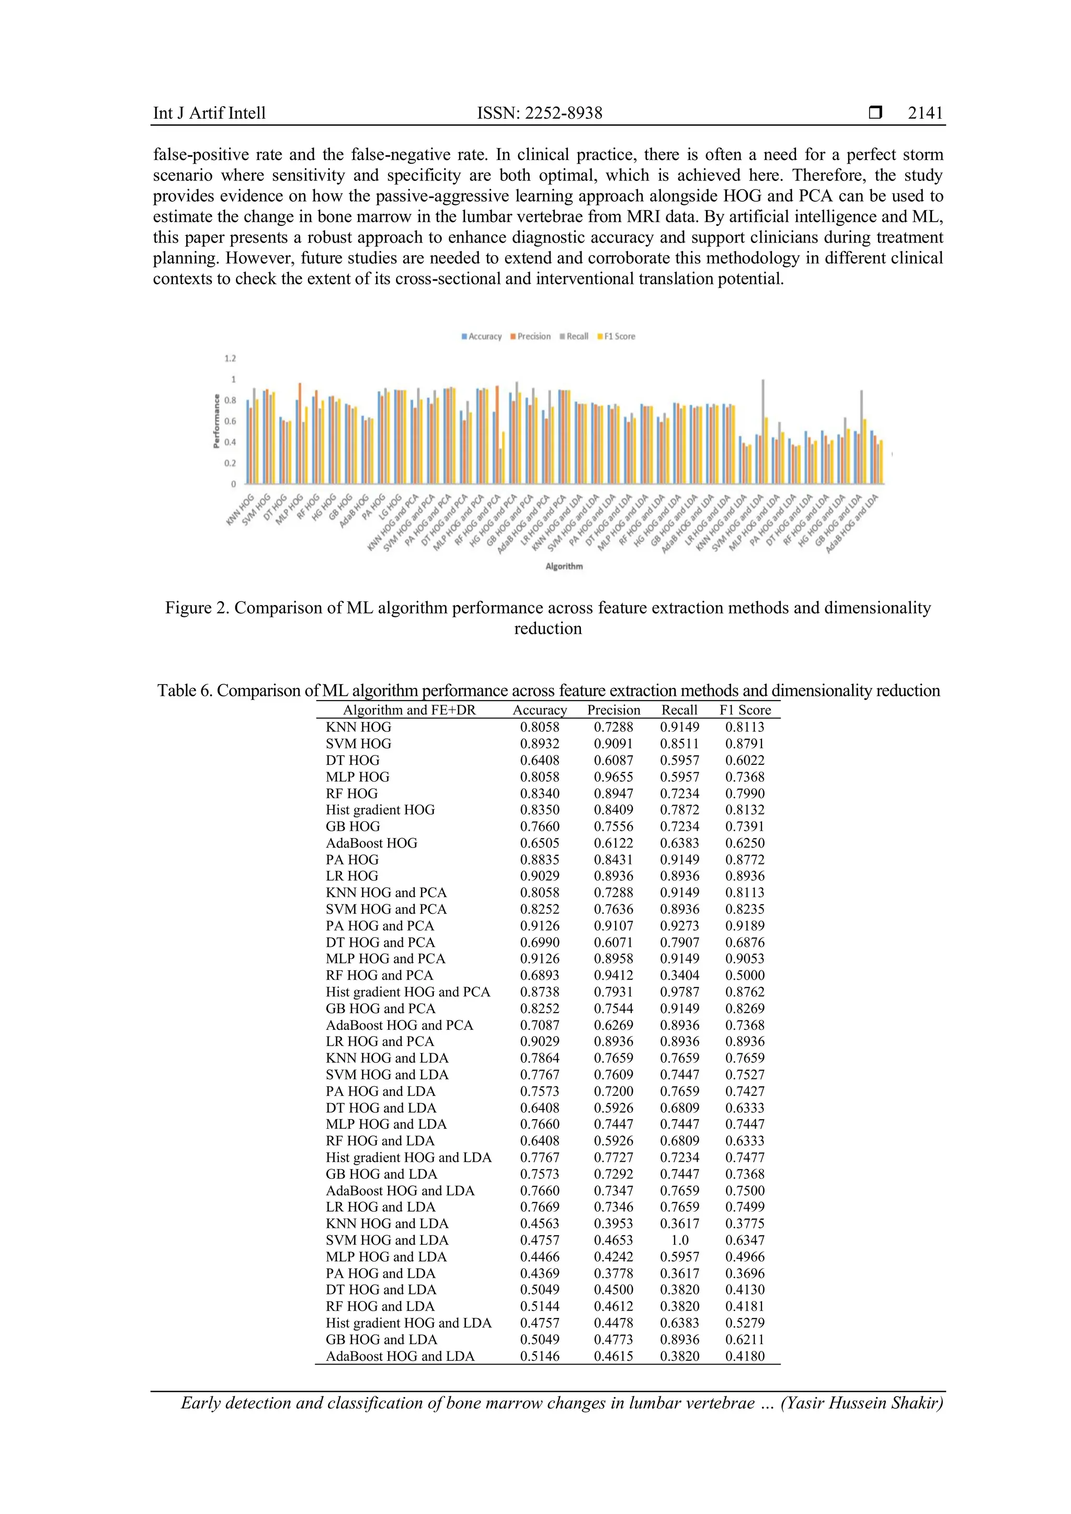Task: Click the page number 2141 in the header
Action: [x=925, y=113]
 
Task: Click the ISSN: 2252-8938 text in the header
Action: [x=540, y=113]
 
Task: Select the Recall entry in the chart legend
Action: [x=577, y=336]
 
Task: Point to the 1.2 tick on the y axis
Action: [x=230, y=359]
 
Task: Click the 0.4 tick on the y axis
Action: [x=230, y=442]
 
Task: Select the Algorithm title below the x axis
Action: [x=564, y=566]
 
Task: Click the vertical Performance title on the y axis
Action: [x=217, y=421]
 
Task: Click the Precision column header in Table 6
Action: [x=613, y=710]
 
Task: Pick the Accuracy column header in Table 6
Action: [x=540, y=710]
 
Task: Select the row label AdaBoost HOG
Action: [x=371, y=843]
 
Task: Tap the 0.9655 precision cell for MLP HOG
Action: [x=613, y=777]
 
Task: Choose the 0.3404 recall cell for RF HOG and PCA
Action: [x=679, y=975]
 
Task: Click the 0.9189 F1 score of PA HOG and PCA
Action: [x=745, y=926]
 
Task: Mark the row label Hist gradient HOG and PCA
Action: [x=407, y=992]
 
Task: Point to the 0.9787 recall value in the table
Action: [x=679, y=992]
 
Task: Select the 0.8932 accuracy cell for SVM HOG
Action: [x=540, y=744]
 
